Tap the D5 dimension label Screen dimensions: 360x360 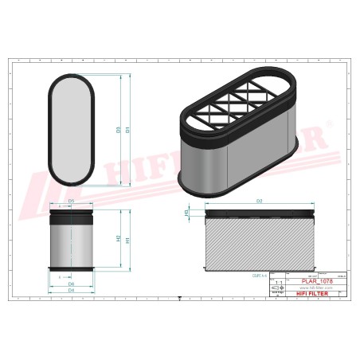(x=72, y=202)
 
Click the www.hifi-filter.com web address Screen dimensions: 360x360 (x=311, y=288)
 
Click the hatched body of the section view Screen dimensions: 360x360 (x=260, y=243)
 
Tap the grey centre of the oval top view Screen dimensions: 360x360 (x=72, y=130)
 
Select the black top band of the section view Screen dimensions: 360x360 (x=260, y=213)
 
